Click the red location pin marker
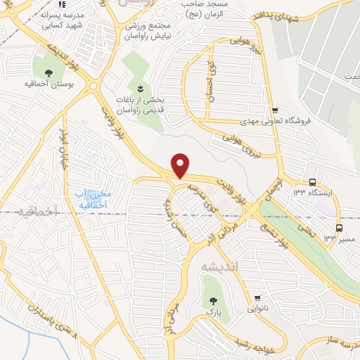click(x=181, y=165)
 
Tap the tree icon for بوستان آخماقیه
click(x=49, y=73)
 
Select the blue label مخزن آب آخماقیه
click(x=94, y=199)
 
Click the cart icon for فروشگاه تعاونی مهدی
click(x=276, y=110)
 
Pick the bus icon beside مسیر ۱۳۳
click(x=340, y=229)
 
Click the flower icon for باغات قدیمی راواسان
click(x=139, y=89)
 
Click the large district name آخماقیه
click(x=37, y=211)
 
